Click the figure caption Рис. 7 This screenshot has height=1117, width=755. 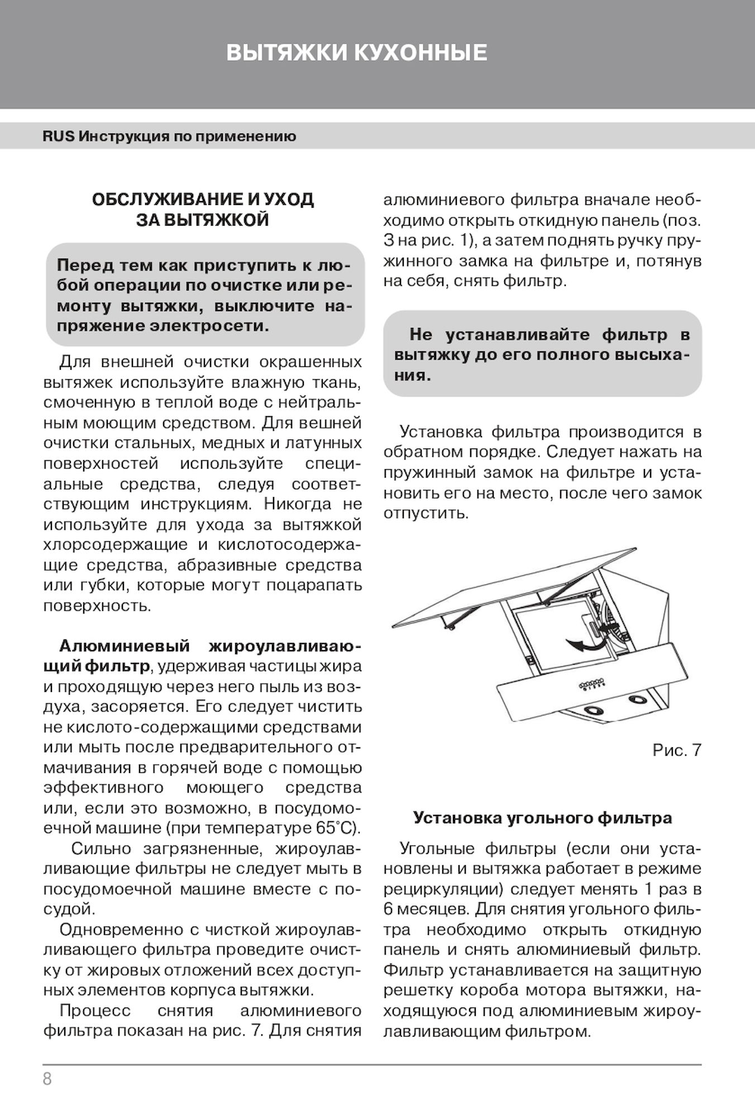(676, 750)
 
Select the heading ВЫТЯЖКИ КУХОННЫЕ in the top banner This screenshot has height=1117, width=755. (357, 53)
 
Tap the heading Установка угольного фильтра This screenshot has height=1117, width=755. (542, 818)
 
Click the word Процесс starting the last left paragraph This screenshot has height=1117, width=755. (95, 1011)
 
